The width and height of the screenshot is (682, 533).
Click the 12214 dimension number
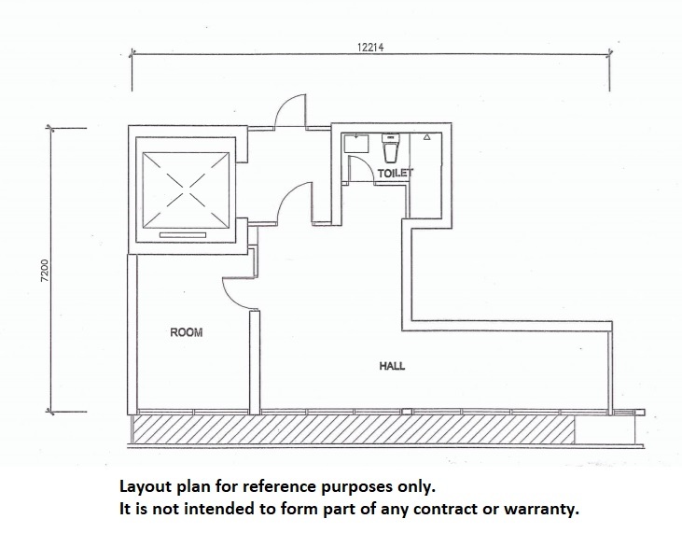point(370,47)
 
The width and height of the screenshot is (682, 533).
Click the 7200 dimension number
point(45,271)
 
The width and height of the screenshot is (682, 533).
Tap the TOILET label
point(395,174)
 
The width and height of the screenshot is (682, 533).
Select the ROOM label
point(187,332)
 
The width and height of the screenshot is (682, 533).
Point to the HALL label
point(392,366)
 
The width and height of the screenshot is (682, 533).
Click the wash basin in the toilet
point(356,143)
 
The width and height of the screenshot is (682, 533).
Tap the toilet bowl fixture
point(390,147)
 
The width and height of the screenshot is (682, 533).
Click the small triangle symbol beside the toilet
point(426,137)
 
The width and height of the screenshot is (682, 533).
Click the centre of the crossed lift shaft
point(186,189)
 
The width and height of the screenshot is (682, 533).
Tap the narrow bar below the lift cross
point(183,235)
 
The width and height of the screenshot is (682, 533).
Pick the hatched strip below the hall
point(354,429)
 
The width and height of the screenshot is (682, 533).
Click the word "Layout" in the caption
point(144,487)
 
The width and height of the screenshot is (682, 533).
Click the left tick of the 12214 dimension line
point(132,53)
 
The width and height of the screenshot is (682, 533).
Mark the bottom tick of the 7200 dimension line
point(51,411)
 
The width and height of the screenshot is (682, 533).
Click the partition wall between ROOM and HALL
point(255,362)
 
